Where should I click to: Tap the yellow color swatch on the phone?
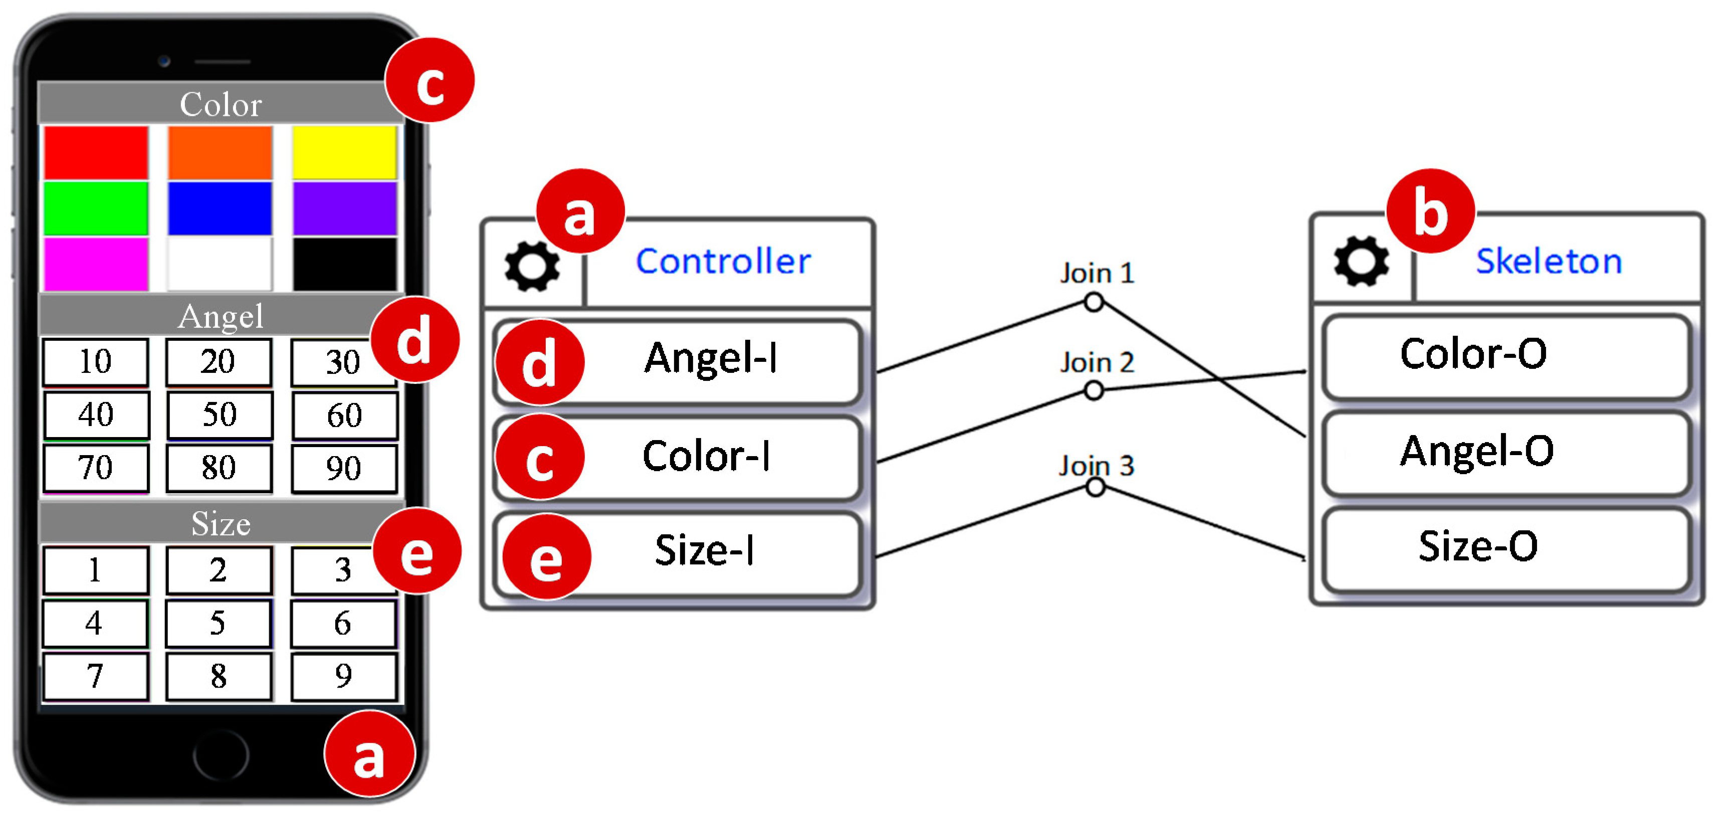344,152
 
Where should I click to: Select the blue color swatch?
220,209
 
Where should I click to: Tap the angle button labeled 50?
219,415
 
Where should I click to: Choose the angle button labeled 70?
96,468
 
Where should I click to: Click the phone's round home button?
221,755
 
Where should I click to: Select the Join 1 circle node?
1093,302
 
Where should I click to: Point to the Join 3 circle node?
1095,487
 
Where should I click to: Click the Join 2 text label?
1097,363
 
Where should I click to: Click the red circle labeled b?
1430,211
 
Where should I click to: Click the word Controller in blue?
723,261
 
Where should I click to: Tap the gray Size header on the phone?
221,523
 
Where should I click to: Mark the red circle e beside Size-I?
546,557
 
